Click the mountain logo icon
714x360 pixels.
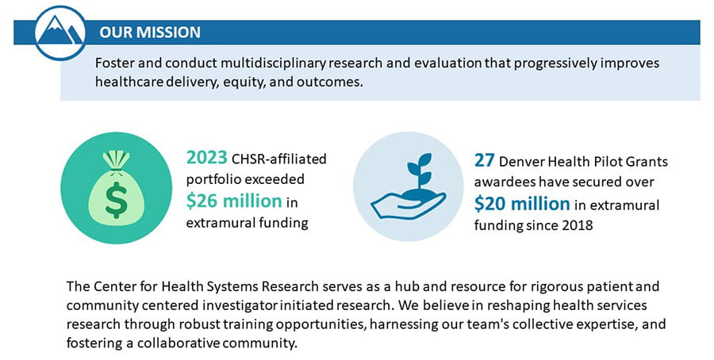(60, 33)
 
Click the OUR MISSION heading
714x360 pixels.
(150, 33)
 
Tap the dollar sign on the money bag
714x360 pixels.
(116, 199)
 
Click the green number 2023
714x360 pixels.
(206, 158)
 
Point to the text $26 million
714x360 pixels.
(234, 201)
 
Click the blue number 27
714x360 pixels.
(484, 160)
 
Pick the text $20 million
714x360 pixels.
(522, 204)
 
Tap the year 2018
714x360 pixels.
(577, 225)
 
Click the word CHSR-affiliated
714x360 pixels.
(279, 159)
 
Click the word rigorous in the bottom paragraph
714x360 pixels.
(551, 287)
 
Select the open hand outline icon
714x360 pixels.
(408, 204)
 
